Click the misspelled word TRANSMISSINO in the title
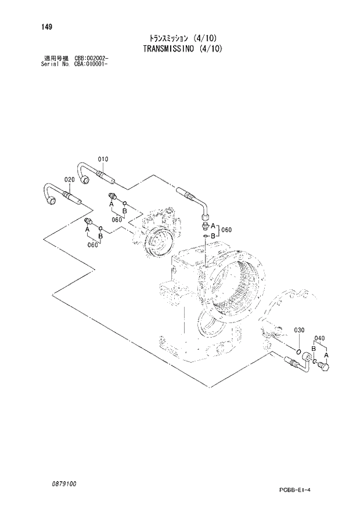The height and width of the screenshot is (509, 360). pos(164,48)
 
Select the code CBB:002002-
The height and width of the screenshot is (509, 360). pos(90,58)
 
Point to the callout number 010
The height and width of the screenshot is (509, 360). pos(103,159)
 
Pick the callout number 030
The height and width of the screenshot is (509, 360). pos(298,330)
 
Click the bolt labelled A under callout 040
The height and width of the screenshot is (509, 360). pos(324,368)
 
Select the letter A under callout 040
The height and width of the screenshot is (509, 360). pos(327,355)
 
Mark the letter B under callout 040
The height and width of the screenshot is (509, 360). pos(314,349)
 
